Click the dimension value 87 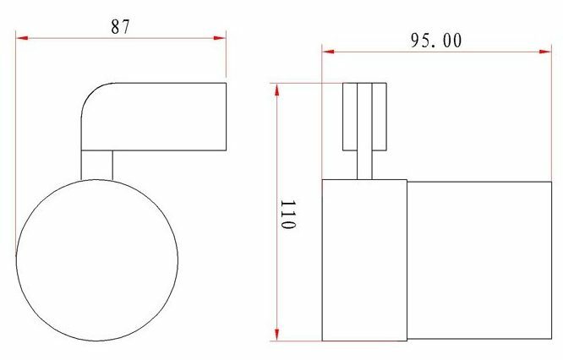tap(120, 26)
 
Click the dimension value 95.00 tap(436, 41)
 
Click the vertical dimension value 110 tap(288, 215)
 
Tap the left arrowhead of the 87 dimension tap(22, 38)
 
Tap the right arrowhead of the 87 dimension tap(220, 38)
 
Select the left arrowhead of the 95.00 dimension tap(328, 52)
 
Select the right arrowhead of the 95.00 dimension tap(545, 52)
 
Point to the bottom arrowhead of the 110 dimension tap(276, 335)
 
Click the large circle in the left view tap(97, 179)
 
